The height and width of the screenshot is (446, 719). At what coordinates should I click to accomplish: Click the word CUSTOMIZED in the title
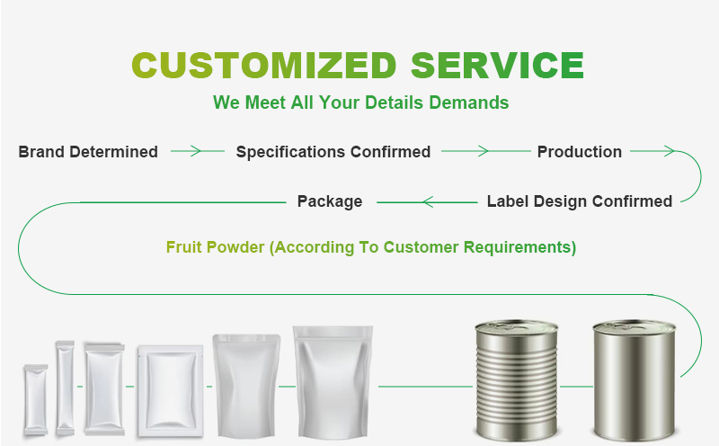(x=264, y=67)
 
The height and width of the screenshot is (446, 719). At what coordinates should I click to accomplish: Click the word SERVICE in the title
(x=497, y=67)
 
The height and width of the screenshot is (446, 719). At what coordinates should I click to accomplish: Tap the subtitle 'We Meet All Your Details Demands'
(x=360, y=103)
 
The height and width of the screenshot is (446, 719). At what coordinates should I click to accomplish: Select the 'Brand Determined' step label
(x=88, y=152)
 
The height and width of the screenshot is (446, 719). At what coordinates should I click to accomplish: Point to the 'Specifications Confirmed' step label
(x=333, y=152)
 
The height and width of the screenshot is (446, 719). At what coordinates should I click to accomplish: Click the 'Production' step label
(x=579, y=152)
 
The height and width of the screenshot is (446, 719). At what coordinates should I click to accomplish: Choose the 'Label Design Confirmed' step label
(x=579, y=201)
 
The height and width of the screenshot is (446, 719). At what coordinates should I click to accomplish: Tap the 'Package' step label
(x=330, y=201)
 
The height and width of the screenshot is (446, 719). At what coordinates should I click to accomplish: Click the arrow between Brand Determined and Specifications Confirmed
(x=198, y=152)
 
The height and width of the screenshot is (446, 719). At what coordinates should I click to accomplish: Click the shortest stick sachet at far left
(x=34, y=399)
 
